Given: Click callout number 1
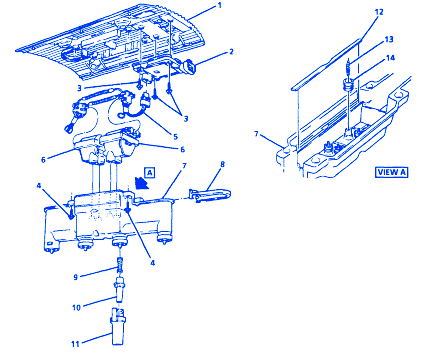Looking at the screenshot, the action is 219,5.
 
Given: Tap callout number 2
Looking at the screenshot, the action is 231,52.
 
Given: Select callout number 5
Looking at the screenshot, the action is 175,137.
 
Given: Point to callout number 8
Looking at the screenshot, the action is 223,164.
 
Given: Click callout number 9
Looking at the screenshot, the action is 76,277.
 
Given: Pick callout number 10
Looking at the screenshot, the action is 76,307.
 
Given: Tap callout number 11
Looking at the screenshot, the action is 75,343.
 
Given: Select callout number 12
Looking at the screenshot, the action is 379,12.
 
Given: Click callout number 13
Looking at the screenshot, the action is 389,39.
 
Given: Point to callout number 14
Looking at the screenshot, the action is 390,58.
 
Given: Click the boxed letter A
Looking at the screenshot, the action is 150,173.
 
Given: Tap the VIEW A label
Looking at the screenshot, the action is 392,172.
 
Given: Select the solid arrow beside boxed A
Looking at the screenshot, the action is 142,183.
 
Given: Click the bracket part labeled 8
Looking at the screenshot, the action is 210,195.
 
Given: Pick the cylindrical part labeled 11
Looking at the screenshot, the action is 118,327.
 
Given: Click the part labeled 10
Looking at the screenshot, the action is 119,289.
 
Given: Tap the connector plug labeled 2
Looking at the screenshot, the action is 189,66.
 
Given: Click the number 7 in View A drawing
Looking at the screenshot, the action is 256,134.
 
